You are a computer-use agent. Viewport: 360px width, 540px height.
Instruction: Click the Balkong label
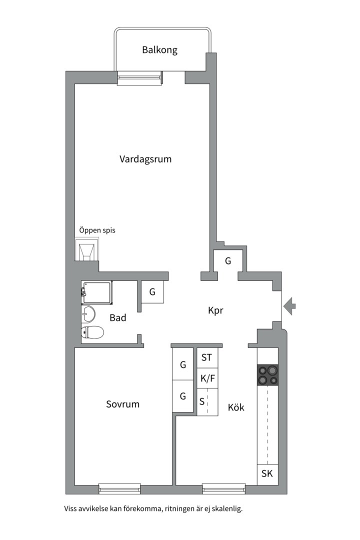(159, 50)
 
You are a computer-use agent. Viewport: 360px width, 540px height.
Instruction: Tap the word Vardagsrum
(145, 159)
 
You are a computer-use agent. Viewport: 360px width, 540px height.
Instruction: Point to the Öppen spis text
(97, 231)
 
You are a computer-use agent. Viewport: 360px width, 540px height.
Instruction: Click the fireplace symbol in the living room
(86, 250)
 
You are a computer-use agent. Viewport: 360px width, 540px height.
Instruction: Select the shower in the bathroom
(97, 293)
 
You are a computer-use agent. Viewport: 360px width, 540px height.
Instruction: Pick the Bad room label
(118, 317)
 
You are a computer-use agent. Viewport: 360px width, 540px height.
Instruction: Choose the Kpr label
(215, 310)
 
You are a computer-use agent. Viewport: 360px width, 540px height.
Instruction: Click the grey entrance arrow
(289, 306)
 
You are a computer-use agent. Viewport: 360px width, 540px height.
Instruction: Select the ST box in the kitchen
(207, 357)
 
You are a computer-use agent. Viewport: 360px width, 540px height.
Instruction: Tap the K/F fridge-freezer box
(207, 378)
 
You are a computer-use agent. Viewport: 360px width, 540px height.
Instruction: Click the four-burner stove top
(267, 375)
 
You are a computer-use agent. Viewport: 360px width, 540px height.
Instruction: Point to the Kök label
(236, 407)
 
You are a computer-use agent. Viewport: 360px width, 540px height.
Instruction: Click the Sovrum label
(122, 404)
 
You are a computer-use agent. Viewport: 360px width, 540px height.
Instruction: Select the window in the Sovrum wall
(119, 488)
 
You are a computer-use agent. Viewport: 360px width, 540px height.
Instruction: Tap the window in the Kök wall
(223, 488)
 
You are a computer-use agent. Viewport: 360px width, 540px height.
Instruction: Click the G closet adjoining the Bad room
(152, 292)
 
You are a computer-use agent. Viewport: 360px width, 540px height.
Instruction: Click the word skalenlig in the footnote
(225, 509)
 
